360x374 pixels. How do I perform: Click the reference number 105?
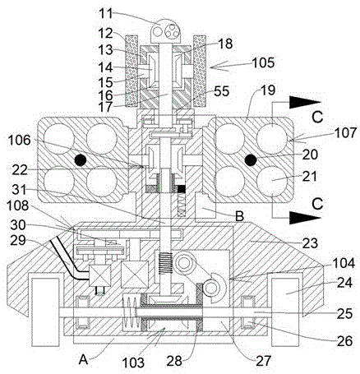pyautogui.click(x=263, y=62)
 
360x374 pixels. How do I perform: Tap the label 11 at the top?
pyautogui.click(x=105, y=14)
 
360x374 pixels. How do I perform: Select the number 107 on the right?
pyautogui.click(x=345, y=133)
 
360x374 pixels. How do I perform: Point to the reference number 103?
pyautogui.click(x=132, y=362)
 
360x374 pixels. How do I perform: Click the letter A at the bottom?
pyautogui.click(x=83, y=360)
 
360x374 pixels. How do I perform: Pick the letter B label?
pyautogui.click(x=239, y=216)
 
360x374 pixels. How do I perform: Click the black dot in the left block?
pyautogui.click(x=81, y=160)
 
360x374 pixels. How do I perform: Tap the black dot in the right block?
pyautogui.click(x=251, y=159)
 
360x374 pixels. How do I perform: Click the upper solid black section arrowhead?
pyautogui.click(x=305, y=102)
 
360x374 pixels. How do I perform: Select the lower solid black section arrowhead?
pyautogui.click(x=305, y=218)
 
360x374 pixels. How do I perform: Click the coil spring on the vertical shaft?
pyautogui.click(x=166, y=263)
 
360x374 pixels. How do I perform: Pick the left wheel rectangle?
pyautogui.click(x=45, y=312)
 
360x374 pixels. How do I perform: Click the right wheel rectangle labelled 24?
pyautogui.click(x=285, y=312)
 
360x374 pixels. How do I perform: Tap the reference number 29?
pyautogui.click(x=18, y=240)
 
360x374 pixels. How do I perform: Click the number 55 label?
pyautogui.click(x=221, y=91)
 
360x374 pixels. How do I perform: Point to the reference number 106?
pyautogui.click(x=19, y=141)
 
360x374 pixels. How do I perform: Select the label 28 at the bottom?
pyautogui.click(x=174, y=361)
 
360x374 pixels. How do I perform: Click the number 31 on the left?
pyautogui.click(x=18, y=190)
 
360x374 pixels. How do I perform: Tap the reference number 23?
pyautogui.click(x=310, y=243)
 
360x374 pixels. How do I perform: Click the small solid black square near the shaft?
pyautogui.click(x=182, y=189)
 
